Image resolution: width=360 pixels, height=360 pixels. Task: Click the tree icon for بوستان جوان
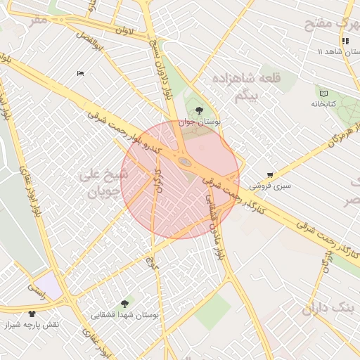(200, 110)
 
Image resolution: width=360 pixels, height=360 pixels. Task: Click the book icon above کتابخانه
(323, 94)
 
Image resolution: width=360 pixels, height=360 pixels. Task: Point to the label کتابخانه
(324, 104)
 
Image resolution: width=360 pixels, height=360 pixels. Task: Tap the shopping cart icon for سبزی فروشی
(271, 175)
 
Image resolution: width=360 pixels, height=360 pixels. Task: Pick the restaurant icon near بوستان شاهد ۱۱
(345, 41)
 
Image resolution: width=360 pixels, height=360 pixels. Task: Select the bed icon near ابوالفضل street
(80, 73)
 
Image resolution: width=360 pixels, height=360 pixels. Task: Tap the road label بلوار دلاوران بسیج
(160, 63)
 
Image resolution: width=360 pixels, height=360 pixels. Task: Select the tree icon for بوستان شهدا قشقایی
(124, 304)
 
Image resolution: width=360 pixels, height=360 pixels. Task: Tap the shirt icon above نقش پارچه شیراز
(32, 314)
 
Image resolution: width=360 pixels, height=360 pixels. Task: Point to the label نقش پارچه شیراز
(32, 325)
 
